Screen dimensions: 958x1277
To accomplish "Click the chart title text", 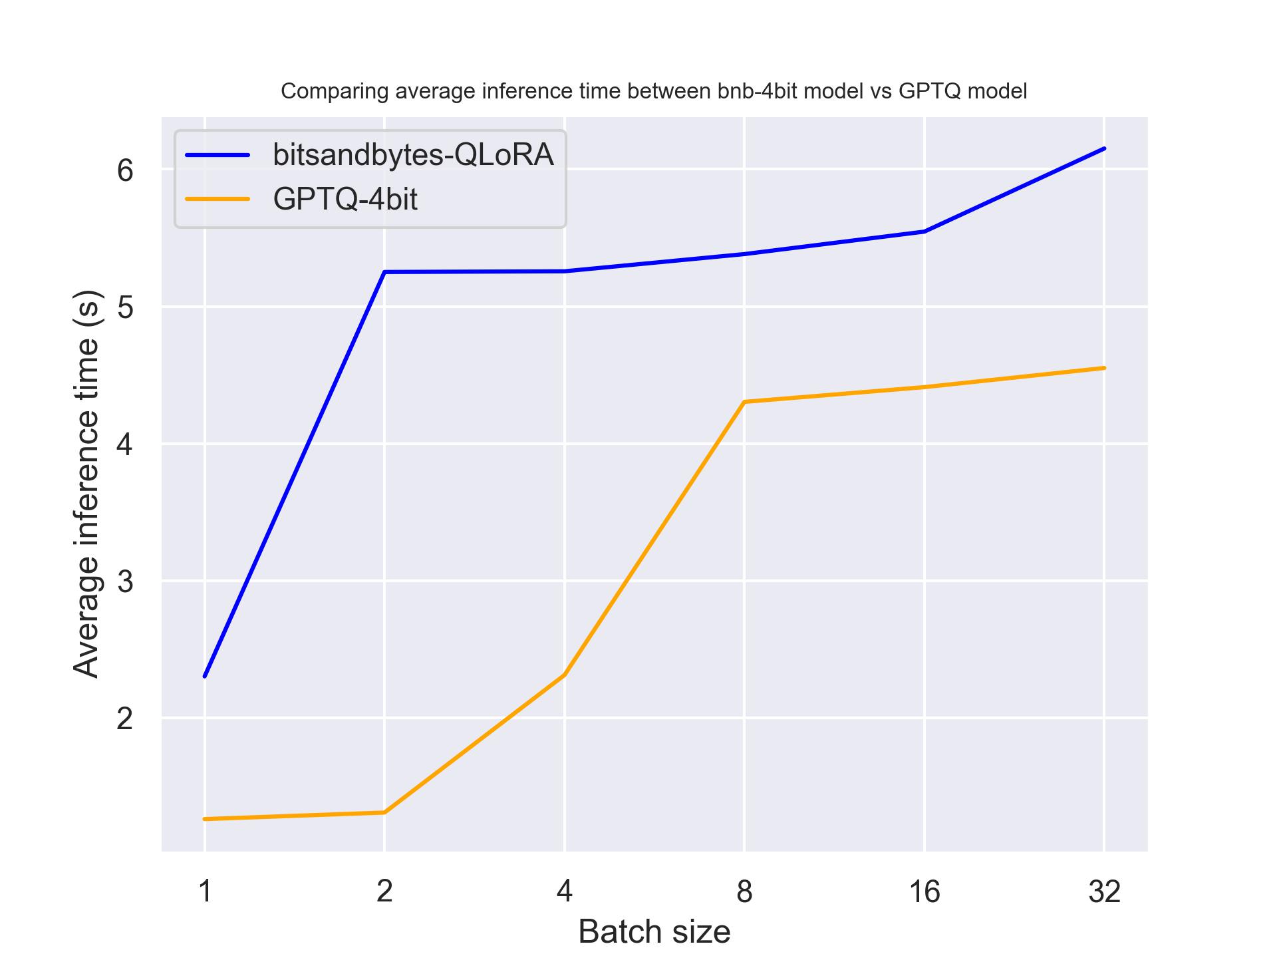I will coord(654,91).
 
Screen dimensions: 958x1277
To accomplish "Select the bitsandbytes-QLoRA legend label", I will coord(413,154).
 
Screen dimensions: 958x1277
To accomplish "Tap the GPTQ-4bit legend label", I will coord(345,199).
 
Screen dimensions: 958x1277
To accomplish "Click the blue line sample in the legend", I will coord(217,155).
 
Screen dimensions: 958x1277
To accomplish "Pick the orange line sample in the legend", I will coord(217,199).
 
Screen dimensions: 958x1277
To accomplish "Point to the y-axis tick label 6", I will coord(125,170).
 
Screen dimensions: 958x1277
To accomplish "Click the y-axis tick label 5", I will coord(125,307).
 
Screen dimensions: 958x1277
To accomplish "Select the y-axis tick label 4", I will coord(125,444).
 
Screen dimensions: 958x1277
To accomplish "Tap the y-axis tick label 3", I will coord(125,581).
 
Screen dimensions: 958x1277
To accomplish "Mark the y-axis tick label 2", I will coord(125,718).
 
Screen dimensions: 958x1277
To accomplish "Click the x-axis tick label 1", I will coord(205,891).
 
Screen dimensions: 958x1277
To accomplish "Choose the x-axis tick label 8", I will coord(744,891).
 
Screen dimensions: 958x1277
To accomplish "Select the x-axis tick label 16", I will coord(924,891).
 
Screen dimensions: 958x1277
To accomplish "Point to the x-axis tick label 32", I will coord(1104,891).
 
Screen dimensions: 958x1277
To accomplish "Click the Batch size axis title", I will coord(654,931).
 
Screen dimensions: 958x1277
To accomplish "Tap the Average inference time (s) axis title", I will coord(86,484).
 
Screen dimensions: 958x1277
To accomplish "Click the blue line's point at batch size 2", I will coord(384,272).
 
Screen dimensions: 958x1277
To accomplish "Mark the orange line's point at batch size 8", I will coord(744,402).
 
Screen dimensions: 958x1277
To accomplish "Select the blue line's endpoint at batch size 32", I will coord(1104,148).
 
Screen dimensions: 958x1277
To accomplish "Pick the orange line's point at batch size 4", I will coord(564,675).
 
